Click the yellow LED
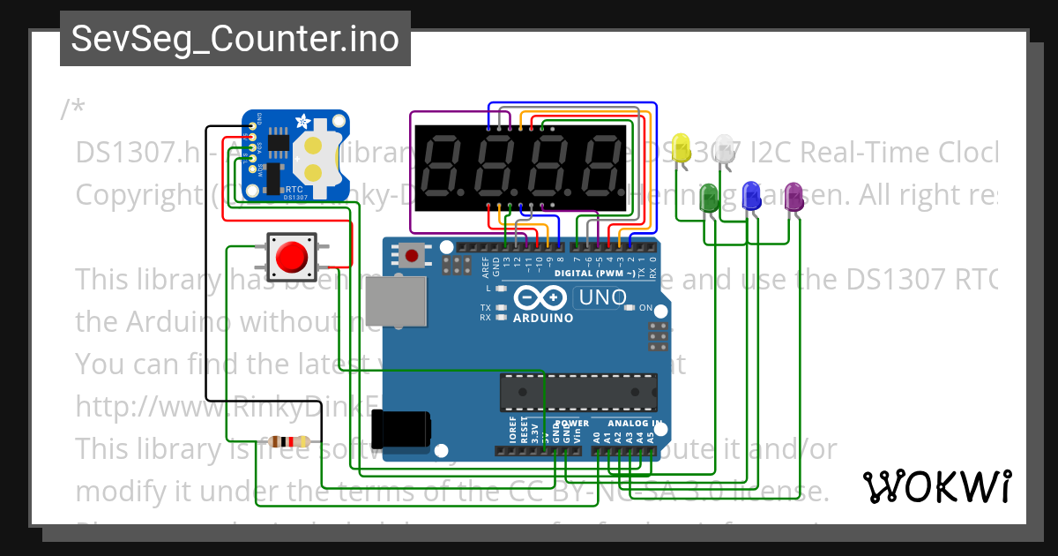click(x=681, y=147)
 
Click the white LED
click(x=725, y=147)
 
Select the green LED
click(x=708, y=197)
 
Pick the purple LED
click(x=793, y=195)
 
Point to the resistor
click(x=289, y=441)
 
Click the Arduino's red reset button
click(x=411, y=256)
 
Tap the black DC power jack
click(x=401, y=429)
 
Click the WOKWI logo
click(x=936, y=486)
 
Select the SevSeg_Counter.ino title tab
click(x=235, y=39)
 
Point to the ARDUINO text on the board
click(x=542, y=318)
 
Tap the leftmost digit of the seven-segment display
click(x=448, y=168)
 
